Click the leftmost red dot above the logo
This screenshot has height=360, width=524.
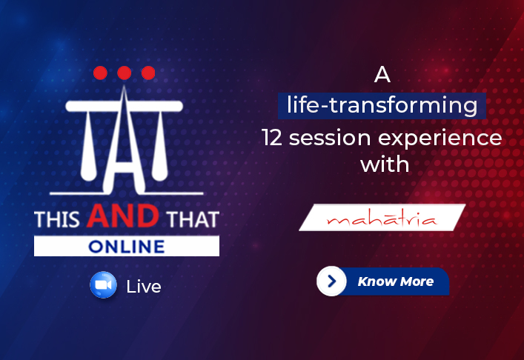pos(100,73)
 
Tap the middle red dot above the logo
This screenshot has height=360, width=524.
pos(125,73)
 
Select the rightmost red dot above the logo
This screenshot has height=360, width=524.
pos(148,73)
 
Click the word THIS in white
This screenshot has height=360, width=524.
pos(57,219)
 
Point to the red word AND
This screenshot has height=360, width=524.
pos(123,216)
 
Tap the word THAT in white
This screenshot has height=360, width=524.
pos(193,219)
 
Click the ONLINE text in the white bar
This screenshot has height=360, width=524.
pos(127,247)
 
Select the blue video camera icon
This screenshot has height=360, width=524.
pos(103,285)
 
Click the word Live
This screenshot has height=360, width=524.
pos(144,287)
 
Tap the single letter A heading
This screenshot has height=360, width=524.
pos(382,75)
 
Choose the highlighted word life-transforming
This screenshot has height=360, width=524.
pos(382,105)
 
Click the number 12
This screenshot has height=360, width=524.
pos(272,138)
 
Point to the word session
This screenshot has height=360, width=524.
pos(330,138)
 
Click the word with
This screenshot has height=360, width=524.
pos(385,164)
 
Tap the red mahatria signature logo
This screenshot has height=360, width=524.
pos(382,219)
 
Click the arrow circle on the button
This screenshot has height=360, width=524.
pos(331,281)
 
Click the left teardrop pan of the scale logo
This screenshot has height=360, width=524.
pos(88,146)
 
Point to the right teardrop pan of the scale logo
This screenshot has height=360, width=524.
pos(160,146)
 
